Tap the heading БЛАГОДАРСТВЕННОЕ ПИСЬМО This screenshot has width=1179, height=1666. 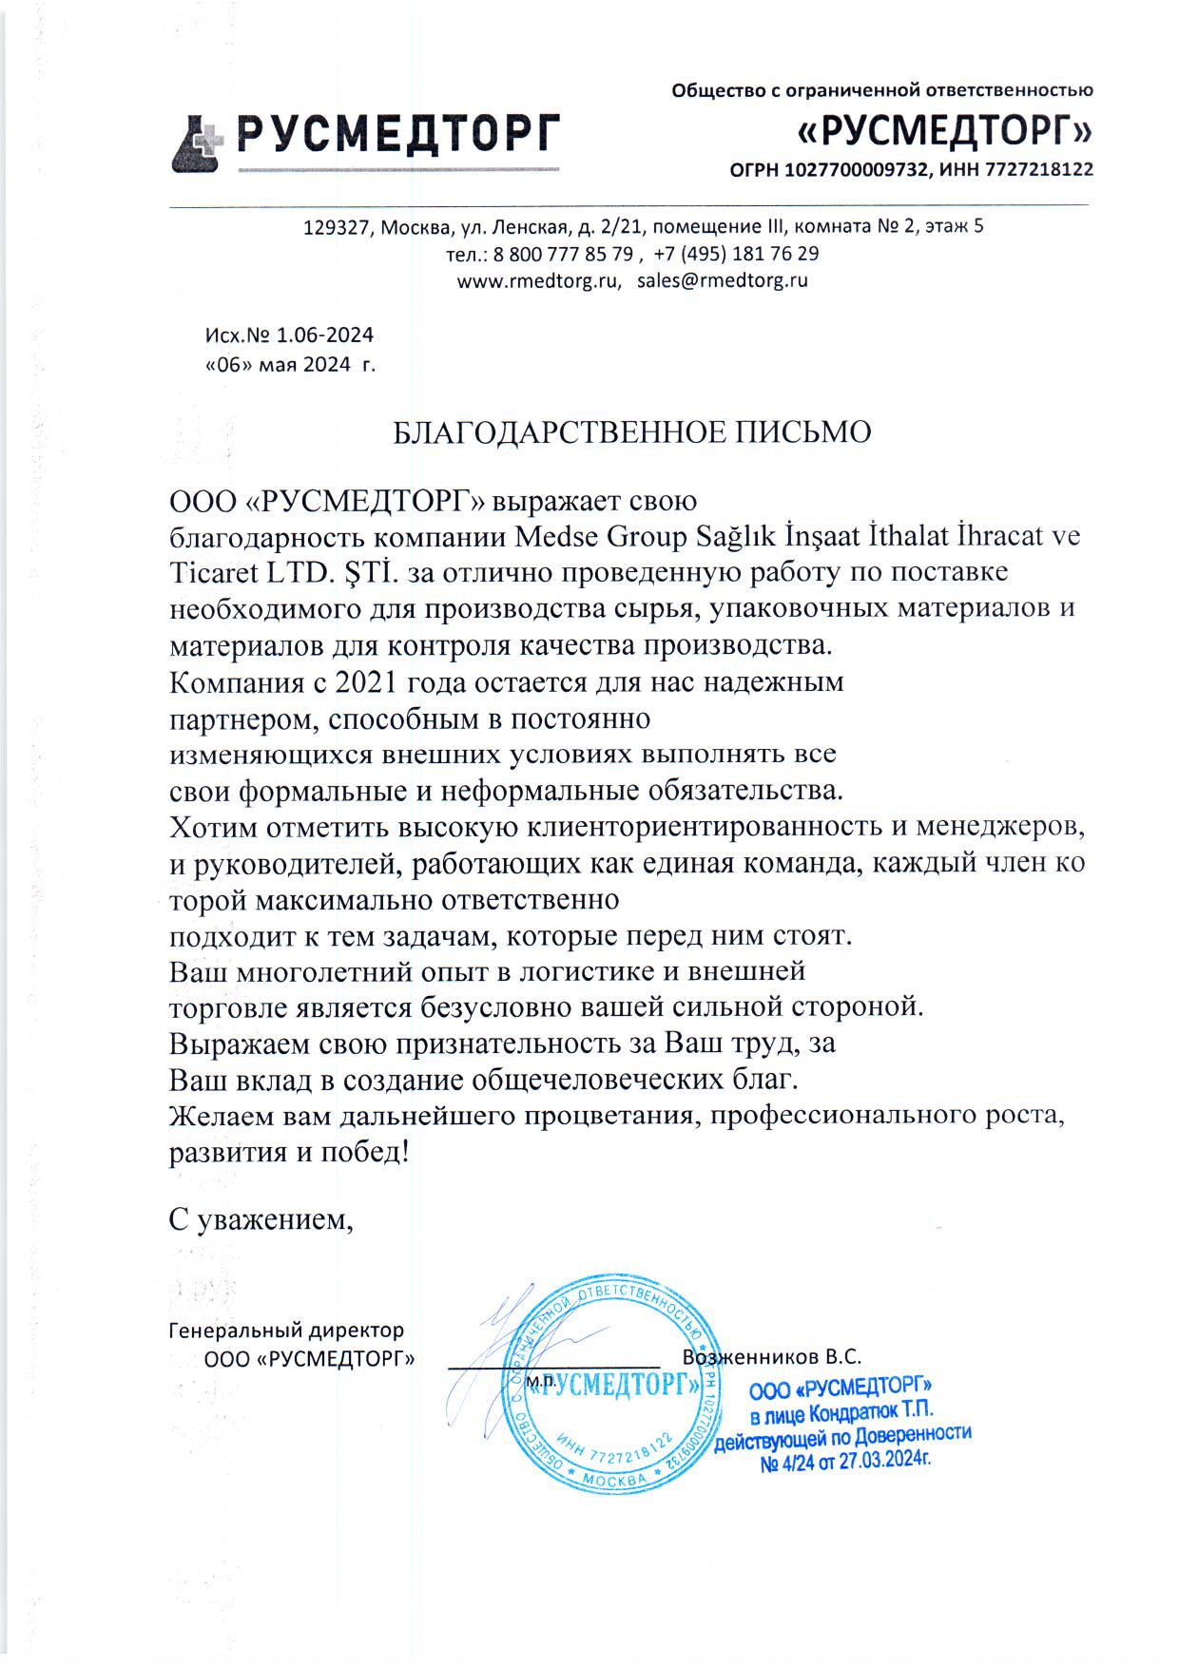coord(632,432)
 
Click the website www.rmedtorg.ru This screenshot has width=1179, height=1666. coord(538,280)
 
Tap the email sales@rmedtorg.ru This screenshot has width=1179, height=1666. coord(723,280)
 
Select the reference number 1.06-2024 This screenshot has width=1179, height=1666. coord(324,335)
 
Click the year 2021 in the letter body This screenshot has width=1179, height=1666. coord(357,682)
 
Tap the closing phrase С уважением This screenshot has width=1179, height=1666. coord(261,1218)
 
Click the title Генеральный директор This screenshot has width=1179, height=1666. coord(285,1330)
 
